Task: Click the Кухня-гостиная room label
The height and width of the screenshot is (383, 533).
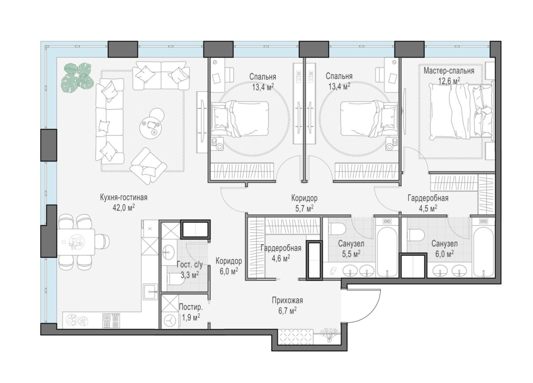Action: pos(124,198)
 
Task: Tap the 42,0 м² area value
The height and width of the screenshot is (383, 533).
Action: pos(124,208)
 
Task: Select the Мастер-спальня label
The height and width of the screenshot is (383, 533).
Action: pos(449,71)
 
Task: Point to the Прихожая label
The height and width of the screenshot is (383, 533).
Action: pos(287,300)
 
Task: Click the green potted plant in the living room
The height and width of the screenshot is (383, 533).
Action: pos(77,78)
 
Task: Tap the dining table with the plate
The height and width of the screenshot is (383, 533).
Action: pos(76,242)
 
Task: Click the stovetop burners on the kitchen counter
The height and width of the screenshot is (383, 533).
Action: pos(111,320)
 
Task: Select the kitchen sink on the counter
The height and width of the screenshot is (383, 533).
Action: pos(151,292)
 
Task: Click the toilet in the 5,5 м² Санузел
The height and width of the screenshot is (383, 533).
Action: pos(337,229)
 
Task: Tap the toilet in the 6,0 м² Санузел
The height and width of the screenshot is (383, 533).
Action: pos(415,234)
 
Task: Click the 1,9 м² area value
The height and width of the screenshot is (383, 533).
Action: pos(191,317)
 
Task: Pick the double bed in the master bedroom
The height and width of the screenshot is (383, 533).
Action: pos(461,111)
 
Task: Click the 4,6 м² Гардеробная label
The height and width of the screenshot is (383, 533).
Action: pos(281,249)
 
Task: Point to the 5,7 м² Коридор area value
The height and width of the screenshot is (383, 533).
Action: pos(304,209)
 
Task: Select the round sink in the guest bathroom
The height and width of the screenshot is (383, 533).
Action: pos(168,253)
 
